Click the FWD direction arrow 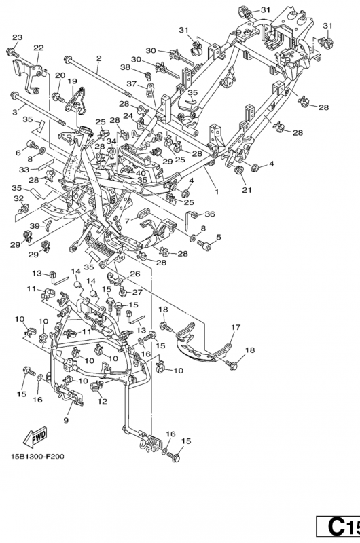pos(35,437)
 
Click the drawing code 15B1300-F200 pos(37,456)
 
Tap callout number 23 pos(18,37)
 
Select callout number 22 pos(39,48)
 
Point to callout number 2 pos(98,58)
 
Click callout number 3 pos(14,112)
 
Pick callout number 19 pos(72,81)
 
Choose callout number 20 pos(60,75)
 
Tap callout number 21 pos(247,190)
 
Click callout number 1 pos(217,191)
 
